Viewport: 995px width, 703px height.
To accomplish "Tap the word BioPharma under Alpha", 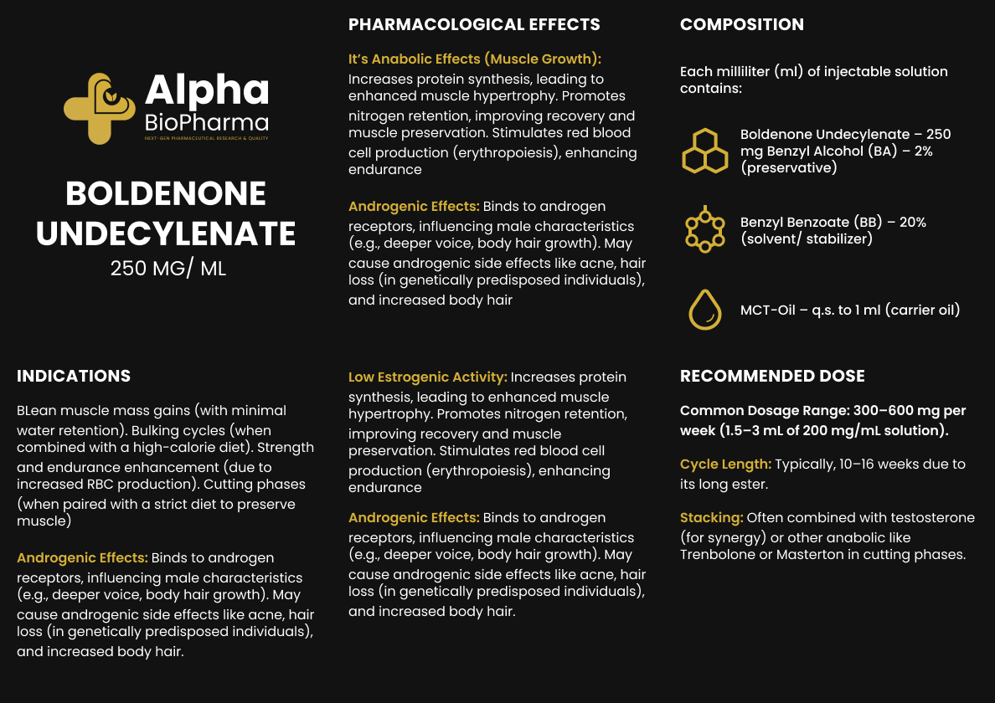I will point(206,122).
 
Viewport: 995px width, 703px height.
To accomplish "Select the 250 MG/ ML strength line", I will point(168,269).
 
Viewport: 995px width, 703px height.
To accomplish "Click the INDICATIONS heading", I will point(74,376).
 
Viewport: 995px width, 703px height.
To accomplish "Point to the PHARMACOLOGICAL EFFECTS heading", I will point(474,24).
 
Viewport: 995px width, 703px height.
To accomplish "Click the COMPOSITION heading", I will point(741,24).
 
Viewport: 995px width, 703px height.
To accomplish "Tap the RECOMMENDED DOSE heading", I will point(772,376).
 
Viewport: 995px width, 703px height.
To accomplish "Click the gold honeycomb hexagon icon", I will point(704,151).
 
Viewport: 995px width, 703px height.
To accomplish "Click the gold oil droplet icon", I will point(704,310).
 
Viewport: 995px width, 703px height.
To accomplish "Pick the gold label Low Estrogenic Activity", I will point(427,377).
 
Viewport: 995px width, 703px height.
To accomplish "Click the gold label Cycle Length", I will point(725,464).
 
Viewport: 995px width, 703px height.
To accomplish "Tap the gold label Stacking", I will point(711,517).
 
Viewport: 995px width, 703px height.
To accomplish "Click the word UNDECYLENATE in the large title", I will point(166,233).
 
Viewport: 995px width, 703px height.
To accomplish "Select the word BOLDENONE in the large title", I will point(166,194).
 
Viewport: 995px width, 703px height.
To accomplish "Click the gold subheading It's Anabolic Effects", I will point(474,59).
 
